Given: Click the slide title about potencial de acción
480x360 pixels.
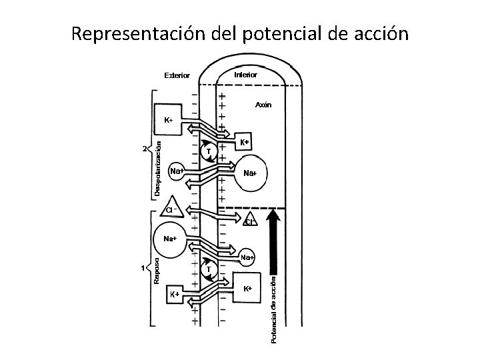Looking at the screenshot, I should (x=239, y=33).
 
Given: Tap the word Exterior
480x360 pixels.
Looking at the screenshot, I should (x=177, y=75).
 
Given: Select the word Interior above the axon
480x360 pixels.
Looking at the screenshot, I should (x=245, y=75).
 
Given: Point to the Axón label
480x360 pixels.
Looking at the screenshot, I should (x=263, y=105).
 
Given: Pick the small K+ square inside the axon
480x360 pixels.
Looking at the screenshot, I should (x=245, y=143).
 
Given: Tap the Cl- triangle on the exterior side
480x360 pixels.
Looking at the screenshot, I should (x=171, y=207).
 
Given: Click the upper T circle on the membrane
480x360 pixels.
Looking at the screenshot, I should (x=208, y=152).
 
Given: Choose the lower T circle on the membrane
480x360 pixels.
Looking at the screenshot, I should (x=208, y=269).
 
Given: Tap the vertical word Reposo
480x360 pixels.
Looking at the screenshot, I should (x=157, y=270).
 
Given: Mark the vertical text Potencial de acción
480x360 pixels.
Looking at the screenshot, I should (x=273, y=311).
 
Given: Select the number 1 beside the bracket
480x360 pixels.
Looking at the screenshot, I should (x=143, y=268).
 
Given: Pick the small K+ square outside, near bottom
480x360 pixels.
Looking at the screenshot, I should (x=173, y=294).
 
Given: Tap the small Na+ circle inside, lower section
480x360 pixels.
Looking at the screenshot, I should (x=247, y=257).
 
